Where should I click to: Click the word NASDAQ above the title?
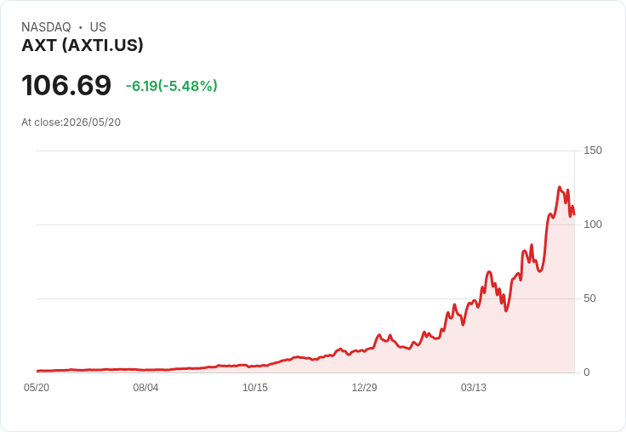[46, 27]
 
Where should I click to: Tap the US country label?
[98, 27]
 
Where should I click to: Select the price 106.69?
[66, 85]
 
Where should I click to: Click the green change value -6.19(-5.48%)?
[172, 85]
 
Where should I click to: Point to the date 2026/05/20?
[92, 122]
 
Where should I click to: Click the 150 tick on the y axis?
[593, 151]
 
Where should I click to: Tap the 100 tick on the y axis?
[593, 225]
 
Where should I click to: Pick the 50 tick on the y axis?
[589, 298]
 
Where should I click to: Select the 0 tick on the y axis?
[587, 372]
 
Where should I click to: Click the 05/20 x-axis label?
[37, 388]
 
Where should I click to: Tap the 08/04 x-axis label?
[145, 388]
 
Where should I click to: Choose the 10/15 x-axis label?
[255, 388]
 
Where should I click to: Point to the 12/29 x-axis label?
[364, 388]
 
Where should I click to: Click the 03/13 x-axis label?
[474, 388]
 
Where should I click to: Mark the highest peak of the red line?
[560, 187]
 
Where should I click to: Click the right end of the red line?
[574, 214]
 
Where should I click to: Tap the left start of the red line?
[37, 371]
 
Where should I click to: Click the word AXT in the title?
[39, 45]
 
